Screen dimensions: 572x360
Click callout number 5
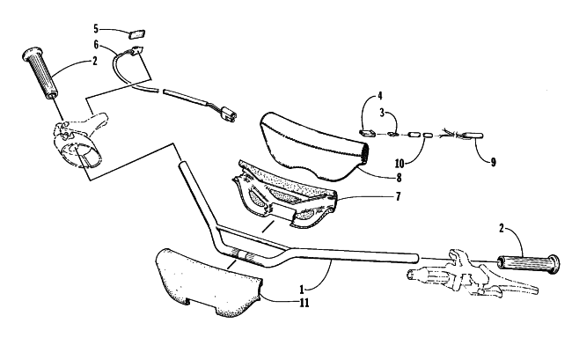[x=96, y=28]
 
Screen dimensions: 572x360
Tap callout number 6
[x=96, y=45]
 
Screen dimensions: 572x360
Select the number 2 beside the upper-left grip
[x=95, y=61]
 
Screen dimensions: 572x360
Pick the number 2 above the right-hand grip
[x=502, y=229]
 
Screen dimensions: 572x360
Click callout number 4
[x=380, y=96]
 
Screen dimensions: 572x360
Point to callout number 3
[x=382, y=113]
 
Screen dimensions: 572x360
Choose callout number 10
[x=400, y=163]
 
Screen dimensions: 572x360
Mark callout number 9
[x=493, y=162]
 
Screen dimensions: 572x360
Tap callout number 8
[x=399, y=178]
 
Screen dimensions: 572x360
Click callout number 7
[x=398, y=196]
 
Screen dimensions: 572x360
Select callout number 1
[x=302, y=290]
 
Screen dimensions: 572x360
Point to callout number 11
[x=304, y=303]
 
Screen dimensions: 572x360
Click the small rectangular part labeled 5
[x=136, y=34]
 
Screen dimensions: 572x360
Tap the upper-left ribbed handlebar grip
[x=40, y=73]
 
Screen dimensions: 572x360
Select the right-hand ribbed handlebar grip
[x=528, y=264]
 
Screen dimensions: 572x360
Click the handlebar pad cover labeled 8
[x=314, y=146]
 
